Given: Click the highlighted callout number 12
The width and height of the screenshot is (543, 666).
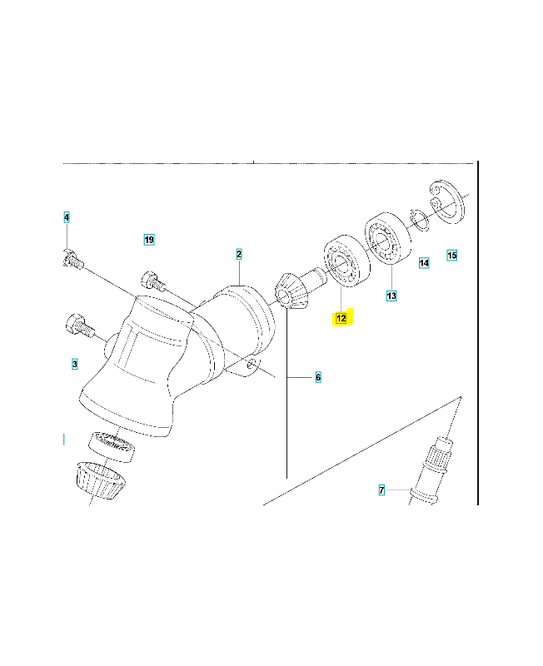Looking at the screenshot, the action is [341, 318].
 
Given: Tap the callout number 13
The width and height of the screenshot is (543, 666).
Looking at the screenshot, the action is [391, 296].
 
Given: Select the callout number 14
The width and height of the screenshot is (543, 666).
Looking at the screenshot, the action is [424, 263].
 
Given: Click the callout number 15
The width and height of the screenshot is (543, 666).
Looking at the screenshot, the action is [452, 256].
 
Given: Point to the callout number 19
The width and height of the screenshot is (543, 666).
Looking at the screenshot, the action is [149, 240].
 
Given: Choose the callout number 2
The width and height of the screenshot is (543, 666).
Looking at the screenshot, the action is [239, 255].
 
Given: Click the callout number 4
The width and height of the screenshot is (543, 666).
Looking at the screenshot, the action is [67, 217].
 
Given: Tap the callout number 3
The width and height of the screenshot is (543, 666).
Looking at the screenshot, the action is [75, 364].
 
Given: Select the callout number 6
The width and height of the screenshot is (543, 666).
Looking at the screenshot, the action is [318, 377].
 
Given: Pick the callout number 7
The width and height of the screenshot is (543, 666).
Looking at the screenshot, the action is [381, 490].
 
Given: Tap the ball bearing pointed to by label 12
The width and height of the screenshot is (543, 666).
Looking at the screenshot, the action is [346, 261].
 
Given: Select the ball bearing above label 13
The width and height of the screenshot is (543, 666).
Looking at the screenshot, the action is [388, 237].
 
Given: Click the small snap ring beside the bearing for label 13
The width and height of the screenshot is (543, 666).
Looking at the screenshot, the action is [420, 221].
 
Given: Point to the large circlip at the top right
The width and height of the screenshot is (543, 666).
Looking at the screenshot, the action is [447, 201].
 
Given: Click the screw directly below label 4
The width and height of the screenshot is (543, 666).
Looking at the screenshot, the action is [73, 260].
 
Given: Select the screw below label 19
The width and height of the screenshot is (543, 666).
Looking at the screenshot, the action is [153, 281].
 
